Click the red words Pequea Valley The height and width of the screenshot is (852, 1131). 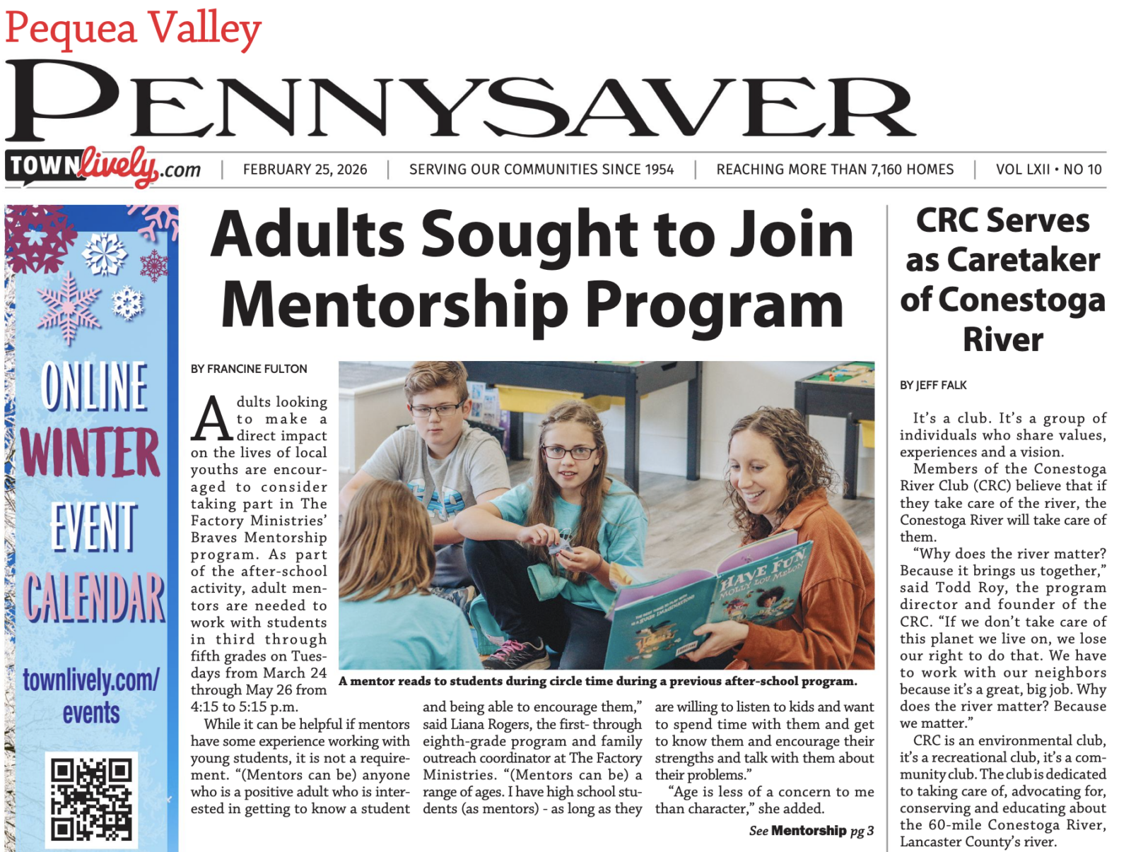click(x=133, y=28)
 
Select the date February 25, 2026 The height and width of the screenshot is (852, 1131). click(x=305, y=170)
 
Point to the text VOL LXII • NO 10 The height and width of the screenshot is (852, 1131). click(x=1048, y=170)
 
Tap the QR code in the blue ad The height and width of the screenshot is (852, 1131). click(x=92, y=799)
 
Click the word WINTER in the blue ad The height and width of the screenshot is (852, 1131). click(x=90, y=453)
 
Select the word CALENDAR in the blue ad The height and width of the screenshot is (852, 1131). click(x=95, y=598)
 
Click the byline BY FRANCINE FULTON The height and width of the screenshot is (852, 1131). click(x=249, y=369)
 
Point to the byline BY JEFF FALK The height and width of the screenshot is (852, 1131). click(x=933, y=385)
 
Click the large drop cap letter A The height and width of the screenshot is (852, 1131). click(x=211, y=419)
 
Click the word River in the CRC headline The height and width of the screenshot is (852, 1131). click(x=1002, y=340)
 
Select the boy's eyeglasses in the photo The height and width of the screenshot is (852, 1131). click(x=435, y=409)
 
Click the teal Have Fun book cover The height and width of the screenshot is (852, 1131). click(x=707, y=600)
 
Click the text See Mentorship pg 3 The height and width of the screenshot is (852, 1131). click(x=811, y=831)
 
